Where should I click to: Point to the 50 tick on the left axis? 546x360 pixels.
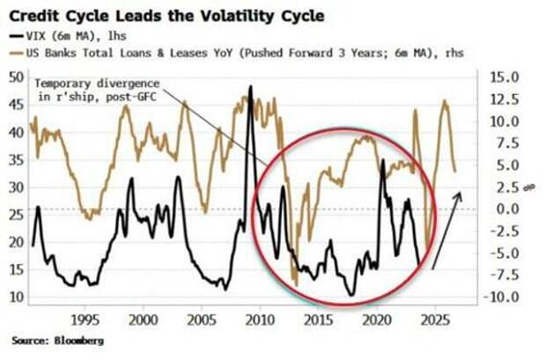(16, 77)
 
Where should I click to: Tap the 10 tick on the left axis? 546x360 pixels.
(16, 297)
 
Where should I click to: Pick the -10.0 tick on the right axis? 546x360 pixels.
(503, 297)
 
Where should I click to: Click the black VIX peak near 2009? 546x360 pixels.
(251, 87)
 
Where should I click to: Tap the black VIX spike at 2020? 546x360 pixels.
(382, 161)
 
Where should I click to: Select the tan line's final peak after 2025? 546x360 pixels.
(445, 101)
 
